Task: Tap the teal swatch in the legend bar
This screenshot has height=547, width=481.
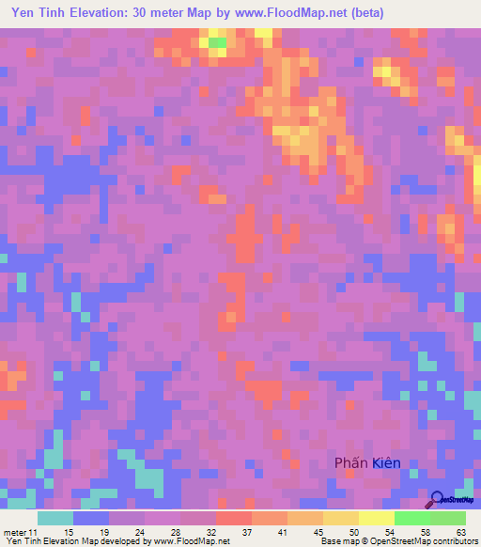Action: (55, 518)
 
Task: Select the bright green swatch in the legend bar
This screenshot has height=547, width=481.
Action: (411, 518)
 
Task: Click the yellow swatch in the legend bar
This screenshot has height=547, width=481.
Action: (376, 518)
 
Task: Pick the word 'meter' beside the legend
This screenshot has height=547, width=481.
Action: (15, 533)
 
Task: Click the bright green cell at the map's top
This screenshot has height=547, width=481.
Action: (217, 42)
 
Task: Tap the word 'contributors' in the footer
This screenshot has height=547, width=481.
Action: (456, 541)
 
